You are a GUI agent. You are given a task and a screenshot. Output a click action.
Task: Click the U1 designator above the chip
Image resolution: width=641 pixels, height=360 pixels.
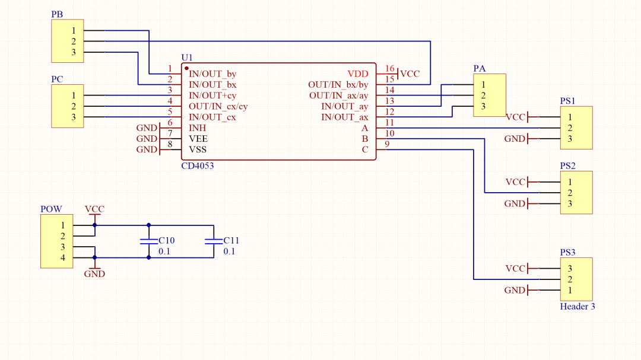(187, 58)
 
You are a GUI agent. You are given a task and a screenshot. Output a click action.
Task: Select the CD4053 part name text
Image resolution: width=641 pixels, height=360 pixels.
(198, 166)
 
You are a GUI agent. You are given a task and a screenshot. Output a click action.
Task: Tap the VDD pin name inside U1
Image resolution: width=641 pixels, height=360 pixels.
(358, 74)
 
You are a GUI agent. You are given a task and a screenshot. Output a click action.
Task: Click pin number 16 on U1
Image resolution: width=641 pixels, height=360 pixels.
(389, 69)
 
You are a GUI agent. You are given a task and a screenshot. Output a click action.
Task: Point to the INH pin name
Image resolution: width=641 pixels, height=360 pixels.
(198, 128)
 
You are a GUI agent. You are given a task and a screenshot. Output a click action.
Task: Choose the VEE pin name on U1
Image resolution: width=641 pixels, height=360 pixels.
(198, 139)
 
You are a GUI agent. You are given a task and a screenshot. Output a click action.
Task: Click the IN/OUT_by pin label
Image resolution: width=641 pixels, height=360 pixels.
(212, 74)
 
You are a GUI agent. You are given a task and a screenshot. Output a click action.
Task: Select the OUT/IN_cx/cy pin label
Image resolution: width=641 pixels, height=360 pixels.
(218, 106)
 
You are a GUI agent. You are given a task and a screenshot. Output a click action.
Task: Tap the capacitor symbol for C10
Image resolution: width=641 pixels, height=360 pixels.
(149, 241)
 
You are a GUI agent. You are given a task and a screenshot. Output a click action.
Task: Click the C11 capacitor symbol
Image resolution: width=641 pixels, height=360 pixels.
(214, 241)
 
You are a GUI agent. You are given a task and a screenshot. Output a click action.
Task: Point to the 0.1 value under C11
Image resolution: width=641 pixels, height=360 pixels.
(229, 251)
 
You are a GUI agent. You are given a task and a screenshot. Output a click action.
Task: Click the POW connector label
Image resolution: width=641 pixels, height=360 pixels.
(51, 209)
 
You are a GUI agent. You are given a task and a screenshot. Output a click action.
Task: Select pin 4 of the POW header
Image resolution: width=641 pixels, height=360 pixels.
(62, 258)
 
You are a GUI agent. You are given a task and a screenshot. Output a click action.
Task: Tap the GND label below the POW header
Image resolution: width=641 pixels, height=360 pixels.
(94, 274)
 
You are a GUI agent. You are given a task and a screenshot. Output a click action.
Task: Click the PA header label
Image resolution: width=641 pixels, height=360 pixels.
(480, 69)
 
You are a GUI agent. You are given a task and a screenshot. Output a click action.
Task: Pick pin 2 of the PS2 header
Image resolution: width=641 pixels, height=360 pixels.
(570, 193)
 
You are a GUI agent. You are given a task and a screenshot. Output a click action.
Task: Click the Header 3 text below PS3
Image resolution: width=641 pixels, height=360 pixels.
(577, 307)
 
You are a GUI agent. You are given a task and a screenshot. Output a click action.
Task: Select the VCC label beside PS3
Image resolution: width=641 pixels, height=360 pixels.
(515, 269)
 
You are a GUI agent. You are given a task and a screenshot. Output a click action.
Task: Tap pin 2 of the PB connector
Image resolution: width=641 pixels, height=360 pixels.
(74, 42)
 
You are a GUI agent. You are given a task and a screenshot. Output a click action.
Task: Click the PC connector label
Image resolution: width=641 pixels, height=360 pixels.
(57, 79)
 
